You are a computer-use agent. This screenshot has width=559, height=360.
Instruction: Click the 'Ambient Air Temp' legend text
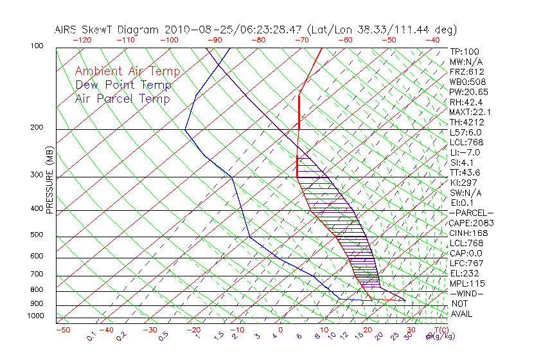(x=127, y=71)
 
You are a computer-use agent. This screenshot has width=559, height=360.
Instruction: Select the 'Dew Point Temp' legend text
(x=123, y=85)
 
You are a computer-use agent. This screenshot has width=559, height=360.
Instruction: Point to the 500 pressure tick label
(x=37, y=235)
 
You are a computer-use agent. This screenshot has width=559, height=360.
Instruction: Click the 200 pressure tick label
(x=37, y=128)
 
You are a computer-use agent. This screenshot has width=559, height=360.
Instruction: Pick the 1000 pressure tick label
(x=35, y=316)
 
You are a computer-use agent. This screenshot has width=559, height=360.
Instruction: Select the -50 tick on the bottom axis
(x=62, y=330)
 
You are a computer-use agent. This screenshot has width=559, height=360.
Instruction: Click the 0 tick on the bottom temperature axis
(x=280, y=330)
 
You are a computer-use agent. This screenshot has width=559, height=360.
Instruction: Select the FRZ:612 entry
(x=467, y=71)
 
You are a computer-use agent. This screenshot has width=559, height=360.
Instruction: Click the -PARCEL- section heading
(x=471, y=213)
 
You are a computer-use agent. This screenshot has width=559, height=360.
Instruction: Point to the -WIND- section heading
(x=467, y=293)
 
